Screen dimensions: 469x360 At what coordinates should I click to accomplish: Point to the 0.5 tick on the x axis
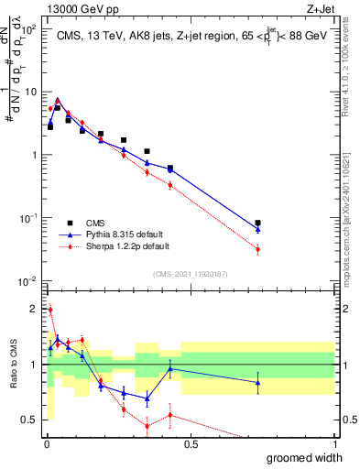click(x=191, y=444)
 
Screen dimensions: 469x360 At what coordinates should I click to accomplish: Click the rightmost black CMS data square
click(x=258, y=223)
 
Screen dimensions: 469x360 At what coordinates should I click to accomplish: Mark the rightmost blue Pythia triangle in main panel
click(x=258, y=228)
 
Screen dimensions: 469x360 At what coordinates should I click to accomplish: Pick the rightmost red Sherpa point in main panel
click(x=258, y=249)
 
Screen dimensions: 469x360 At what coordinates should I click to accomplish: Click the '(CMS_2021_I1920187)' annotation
click(x=190, y=272)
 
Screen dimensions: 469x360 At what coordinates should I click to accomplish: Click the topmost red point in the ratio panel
click(x=49, y=310)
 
